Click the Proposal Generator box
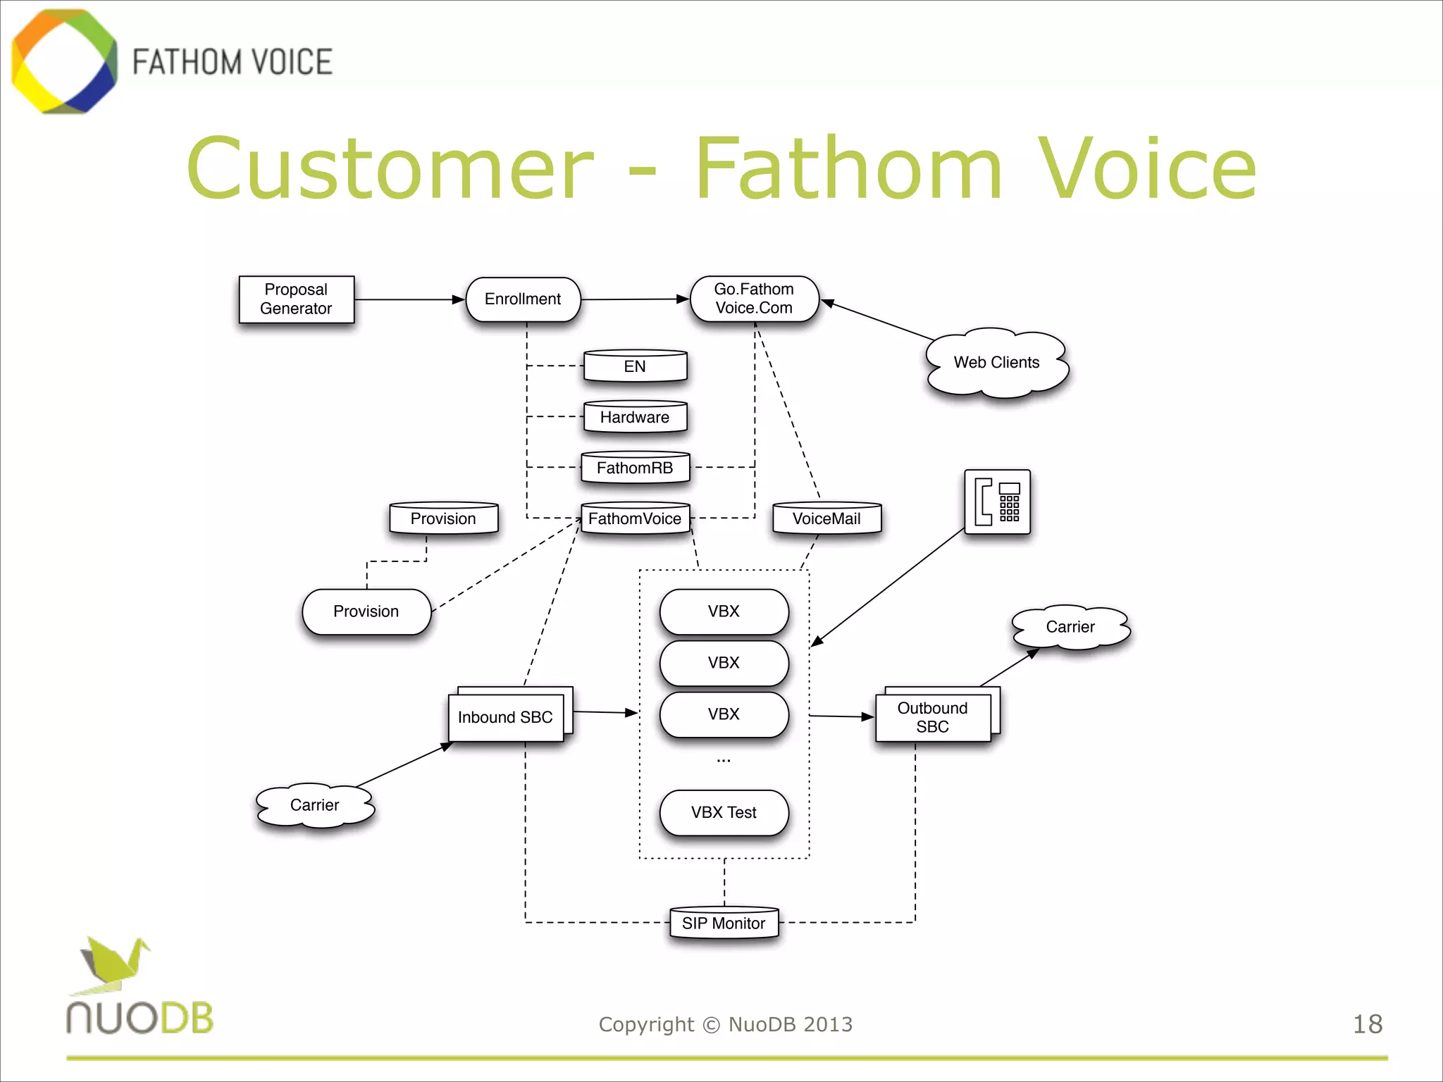[x=296, y=299]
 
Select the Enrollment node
[x=523, y=299]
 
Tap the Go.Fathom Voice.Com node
[x=754, y=299]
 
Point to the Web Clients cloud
[x=996, y=363]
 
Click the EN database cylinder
[x=635, y=366]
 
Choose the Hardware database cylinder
[x=635, y=417]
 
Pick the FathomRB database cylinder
[x=635, y=468]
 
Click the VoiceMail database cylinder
[x=826, y=518]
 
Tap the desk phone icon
[x=997, y=502]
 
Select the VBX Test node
[x=724, y=812]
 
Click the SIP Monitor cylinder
[x=724, y=923]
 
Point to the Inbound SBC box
[x=506, y=717]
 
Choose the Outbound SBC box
[x=932, y=717]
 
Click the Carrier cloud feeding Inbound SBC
[x=315, y=805]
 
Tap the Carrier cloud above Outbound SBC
[x=1070, y=627]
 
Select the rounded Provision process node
[x=366, y=611]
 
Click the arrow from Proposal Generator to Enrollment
[x=409, y=300]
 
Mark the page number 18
[x=1367, y=1024]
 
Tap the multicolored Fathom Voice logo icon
[x=65, y=62]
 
